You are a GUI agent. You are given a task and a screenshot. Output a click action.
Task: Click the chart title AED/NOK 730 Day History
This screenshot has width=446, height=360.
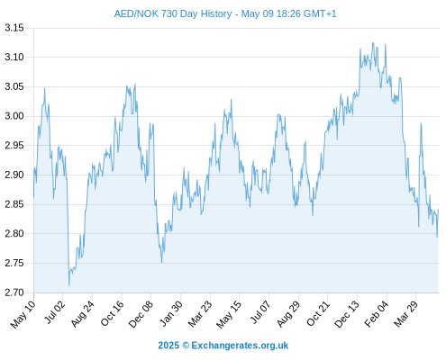pyautogui.click(x=173, y=13)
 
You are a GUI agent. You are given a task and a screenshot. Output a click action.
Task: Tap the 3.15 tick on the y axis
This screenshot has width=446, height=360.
pyautogui.click(x=14, y=28)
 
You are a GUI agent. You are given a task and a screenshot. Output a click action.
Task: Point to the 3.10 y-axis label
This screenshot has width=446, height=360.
pyautogui.click(x=14, y=57)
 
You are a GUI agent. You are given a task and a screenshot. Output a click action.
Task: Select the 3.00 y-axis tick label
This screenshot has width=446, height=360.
pyautogui.click(x=14, y=116)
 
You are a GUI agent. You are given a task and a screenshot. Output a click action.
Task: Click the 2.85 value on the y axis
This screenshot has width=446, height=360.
pyautogui.click(x=14, y=204)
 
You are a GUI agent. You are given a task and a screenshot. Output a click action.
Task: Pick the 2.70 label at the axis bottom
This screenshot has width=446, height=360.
pyautogui.click(x=14, y=292)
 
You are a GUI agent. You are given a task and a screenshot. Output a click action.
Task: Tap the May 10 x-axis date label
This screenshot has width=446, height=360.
pyautogui.click(x=23, y=314)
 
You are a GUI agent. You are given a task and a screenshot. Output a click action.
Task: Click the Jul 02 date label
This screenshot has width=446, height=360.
pyautogui.click(x=54, y=312)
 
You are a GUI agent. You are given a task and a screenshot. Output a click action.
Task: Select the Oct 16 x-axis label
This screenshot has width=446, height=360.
pyautogui.click(x=112, y=313)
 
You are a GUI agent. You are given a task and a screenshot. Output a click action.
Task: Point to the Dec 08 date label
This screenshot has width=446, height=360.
pyautogui.click(x=141, y=314)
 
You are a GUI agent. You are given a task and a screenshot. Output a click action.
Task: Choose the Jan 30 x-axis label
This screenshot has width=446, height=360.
pyautogui.click(x=170, y=313)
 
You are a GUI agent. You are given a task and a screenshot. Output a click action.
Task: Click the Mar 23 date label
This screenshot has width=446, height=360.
pyautogui.click(x=200, y=314)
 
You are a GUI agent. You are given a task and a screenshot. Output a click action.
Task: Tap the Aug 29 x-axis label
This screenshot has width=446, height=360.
pyautogui.click(x=288, y=314)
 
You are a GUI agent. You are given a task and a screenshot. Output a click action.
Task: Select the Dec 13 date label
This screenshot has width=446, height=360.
pyautogui.click(x=347, y=314)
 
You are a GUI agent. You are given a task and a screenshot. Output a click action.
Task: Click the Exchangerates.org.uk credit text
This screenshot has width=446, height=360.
pyautogui.click(x=240, y=346)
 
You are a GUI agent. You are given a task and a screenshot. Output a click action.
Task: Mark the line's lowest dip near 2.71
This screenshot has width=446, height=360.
pyautogui.click(x=68, y=285)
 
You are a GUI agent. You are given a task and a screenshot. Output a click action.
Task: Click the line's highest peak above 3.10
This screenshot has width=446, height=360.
pyautogui.click(x=373, y=43)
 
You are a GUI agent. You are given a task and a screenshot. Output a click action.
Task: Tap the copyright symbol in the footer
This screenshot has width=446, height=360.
pyautogui.click(x=186, y=346)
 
